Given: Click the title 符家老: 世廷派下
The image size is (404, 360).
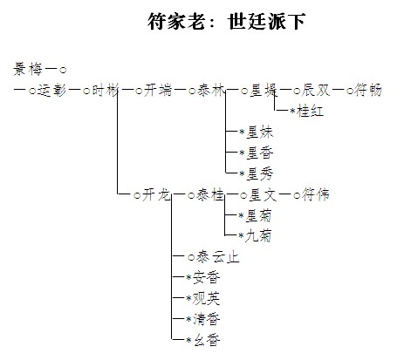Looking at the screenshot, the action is point(226,21).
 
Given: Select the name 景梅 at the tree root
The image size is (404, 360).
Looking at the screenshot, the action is point(28,70).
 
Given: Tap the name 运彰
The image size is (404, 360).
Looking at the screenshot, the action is point(52,91).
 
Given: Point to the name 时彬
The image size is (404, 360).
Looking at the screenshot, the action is point(106,91).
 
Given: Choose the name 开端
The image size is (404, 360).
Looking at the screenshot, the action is point(158,91).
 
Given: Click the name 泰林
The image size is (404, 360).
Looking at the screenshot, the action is point(211,91).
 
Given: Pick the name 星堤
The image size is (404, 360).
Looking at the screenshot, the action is point(264,91).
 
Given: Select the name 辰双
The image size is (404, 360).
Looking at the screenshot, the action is point(316,91).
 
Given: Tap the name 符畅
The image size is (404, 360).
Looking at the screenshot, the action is point(367,91).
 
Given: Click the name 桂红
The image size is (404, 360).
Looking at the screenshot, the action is point(310,111).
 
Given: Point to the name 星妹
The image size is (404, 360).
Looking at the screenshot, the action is point(259,132).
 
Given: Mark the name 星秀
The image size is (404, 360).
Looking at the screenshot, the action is point(259,173).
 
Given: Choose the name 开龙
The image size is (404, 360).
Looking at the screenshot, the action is point(156,194).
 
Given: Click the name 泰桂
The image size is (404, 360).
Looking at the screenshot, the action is point(210,194).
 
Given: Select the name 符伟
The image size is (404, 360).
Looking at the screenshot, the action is point(316,194).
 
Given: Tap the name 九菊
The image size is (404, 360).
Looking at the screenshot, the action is point(258,235).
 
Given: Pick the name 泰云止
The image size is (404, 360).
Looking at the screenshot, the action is point(218,257).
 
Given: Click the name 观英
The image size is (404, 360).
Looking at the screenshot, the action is point(206,298).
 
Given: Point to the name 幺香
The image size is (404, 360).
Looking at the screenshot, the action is point(206,340).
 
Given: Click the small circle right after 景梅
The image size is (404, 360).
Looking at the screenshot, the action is point(63,70).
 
